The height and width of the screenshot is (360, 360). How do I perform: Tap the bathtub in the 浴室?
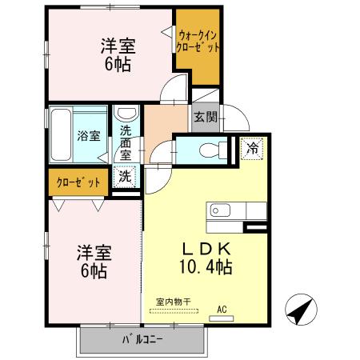tap(63, 134)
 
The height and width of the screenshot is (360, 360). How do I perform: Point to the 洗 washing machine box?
tap(126, 175)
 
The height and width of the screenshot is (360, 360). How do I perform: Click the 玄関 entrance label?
tap(203, 118)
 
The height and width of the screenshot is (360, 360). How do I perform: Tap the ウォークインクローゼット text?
tap(197, 41)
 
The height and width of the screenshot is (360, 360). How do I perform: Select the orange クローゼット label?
tap(78, 182)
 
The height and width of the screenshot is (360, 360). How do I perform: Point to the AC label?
tap(222, 308)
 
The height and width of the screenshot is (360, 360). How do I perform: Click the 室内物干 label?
tap(173, 301)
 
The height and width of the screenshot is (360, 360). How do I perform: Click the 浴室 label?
tap(89, 135)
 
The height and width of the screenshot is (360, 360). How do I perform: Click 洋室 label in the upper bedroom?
tap(118, 46)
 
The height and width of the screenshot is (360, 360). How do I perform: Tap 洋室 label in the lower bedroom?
tap(94, 253)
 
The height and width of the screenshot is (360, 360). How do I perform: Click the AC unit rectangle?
tap(222, 318)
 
